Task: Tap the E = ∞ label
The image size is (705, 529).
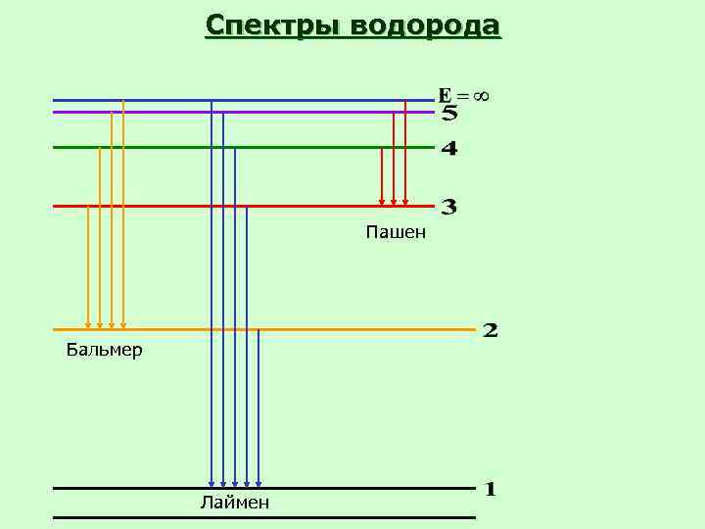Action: (462, 96)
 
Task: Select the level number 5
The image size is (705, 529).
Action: (449, 114)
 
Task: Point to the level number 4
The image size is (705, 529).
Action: (449, 149)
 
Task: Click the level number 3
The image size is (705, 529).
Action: (449, 207)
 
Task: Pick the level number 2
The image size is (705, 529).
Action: (491, 330)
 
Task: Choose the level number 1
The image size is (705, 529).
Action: (491, 489)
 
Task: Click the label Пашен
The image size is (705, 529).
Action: (396, 232)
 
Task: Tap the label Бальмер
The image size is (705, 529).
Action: (104, 350)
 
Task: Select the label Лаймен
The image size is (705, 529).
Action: (234, 504)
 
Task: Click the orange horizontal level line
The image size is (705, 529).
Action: (343, 329)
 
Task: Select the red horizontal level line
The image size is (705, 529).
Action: (313, 206)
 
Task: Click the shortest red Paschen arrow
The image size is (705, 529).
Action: (382, 176)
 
